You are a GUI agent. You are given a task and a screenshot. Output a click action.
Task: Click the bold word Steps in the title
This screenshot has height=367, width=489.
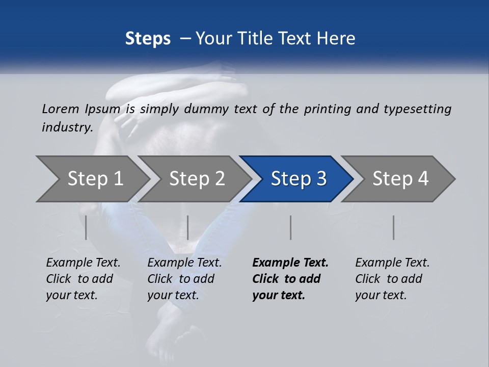coord(148,38)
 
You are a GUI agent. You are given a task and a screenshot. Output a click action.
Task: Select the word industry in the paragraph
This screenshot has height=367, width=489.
coord(67,127)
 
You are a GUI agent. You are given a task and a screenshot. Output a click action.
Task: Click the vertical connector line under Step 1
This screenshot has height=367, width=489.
coord(86,227)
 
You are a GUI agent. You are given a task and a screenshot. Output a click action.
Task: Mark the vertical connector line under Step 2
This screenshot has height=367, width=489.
coord(188,227)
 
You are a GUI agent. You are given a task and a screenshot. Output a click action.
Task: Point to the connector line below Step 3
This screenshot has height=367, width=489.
coord(290,227)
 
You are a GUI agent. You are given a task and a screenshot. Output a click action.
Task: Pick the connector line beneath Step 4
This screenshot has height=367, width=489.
coord(393,227)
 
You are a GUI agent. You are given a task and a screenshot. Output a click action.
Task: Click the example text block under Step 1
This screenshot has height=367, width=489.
coord(83,279)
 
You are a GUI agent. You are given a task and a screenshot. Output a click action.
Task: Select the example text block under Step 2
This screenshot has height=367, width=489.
coord(184,279)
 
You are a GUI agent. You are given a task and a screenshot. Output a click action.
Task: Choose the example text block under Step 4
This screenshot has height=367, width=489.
coord(392,279)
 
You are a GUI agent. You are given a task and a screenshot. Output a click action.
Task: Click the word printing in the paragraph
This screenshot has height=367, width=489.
coord(327,109)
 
